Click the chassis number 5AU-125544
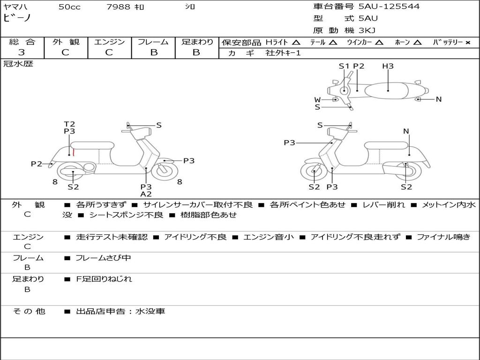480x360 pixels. point(389,7)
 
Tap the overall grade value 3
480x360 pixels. point(22,52)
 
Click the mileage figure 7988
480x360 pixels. point(118,7)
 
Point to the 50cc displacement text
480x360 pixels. point(69,7)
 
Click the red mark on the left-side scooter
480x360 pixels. point(74,152)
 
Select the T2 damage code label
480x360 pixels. point(69,124)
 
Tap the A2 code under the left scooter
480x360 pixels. point(146,194)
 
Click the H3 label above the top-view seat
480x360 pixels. point(388,66)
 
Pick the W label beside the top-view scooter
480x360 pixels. point(317,100)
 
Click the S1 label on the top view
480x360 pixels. point(344,66)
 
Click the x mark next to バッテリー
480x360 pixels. point(468,43)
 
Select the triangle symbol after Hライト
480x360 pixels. point(296,42)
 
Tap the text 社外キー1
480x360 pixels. point(283,53)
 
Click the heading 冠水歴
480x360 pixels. point(18,64)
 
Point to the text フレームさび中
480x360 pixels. point(103,258)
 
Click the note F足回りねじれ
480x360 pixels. point(104,279)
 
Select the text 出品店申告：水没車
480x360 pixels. point(120,311)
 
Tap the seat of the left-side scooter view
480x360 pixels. point(92,145)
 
